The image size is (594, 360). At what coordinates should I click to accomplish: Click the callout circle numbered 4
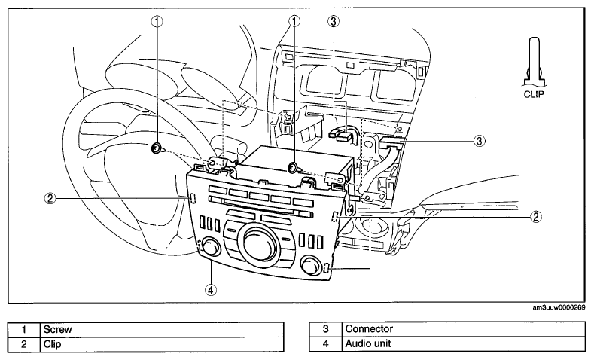211,290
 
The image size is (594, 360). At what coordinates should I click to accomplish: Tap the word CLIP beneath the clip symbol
534,94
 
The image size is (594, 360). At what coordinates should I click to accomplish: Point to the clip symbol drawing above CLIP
534,62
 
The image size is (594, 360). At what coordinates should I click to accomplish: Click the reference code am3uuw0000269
559,308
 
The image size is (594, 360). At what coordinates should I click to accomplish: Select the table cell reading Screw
162,329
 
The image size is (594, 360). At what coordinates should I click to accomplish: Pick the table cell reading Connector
463,329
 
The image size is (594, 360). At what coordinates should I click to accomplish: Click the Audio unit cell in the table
463,344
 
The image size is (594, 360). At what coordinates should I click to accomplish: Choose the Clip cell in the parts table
162,344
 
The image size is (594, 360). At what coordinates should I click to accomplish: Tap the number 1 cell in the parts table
24,329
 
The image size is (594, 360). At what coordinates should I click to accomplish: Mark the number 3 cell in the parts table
325,329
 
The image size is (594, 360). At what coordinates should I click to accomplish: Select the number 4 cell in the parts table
325,344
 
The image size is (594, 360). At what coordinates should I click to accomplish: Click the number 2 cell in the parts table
24,344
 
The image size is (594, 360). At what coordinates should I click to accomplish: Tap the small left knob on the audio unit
211,247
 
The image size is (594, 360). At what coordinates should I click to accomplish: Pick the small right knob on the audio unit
311,264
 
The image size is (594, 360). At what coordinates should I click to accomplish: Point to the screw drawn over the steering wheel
157,148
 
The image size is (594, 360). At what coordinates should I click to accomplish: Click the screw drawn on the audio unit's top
293,167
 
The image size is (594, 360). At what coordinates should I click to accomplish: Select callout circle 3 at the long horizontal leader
480,141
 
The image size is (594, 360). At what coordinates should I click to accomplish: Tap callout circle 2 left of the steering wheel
50,198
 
